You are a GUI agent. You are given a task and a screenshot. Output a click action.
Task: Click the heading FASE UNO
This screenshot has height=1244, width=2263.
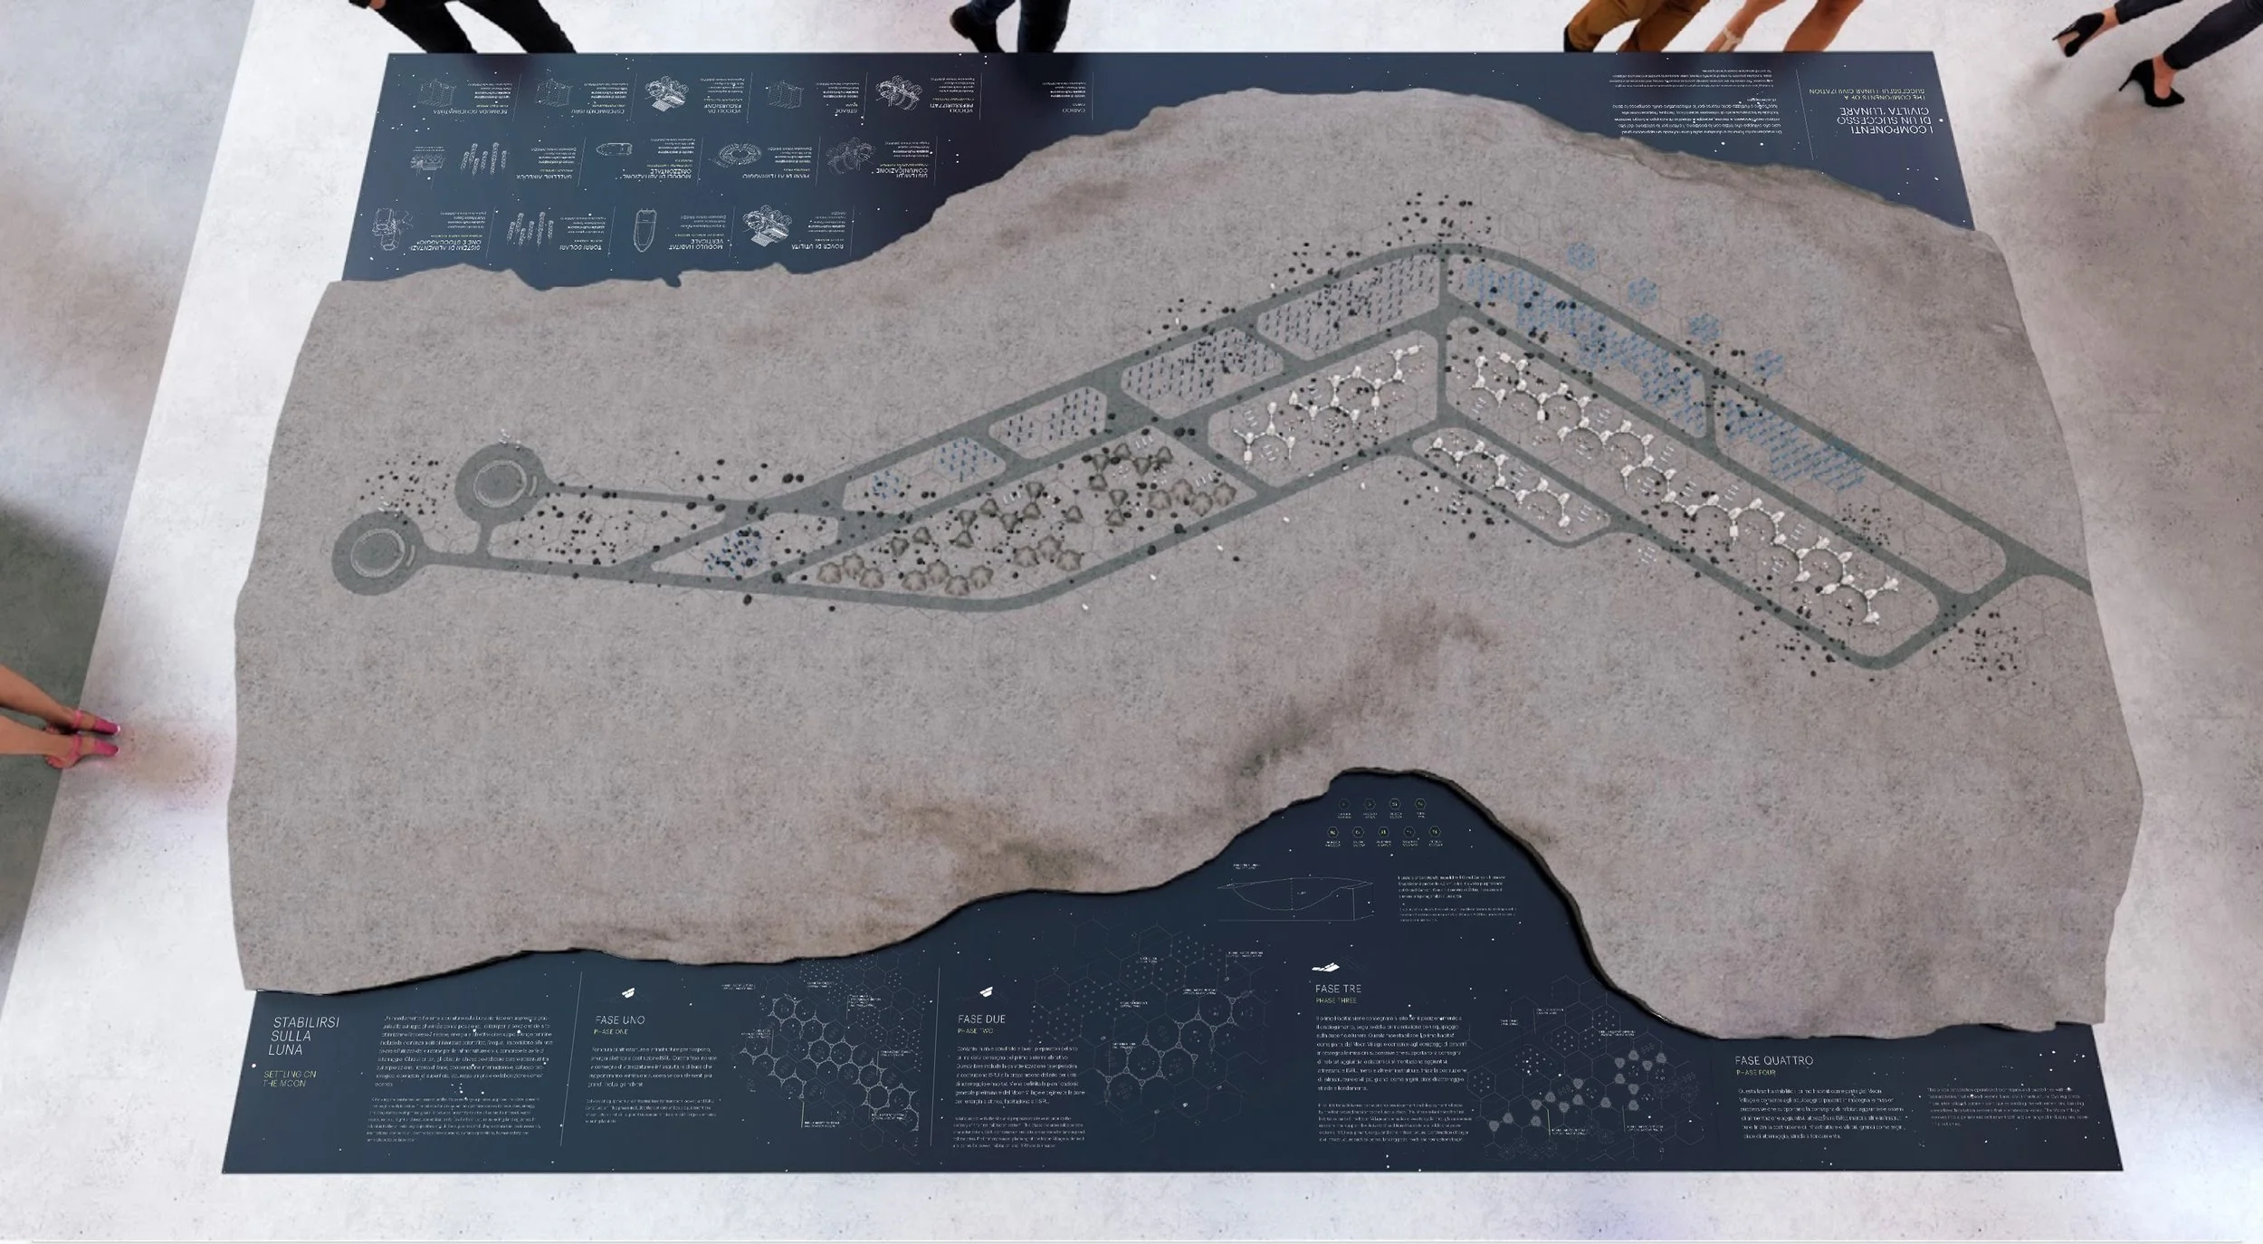click(620, 1019)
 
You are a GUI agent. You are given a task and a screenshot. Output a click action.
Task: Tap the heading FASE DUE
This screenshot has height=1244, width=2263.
click(981, 1019)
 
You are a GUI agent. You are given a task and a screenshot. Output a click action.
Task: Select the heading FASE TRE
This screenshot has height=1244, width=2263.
click(1338, 989)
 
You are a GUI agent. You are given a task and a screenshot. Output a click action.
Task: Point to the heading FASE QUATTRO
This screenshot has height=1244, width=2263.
click(1773, 1060)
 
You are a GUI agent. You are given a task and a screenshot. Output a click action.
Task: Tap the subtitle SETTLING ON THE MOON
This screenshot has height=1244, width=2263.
click(290, 1078)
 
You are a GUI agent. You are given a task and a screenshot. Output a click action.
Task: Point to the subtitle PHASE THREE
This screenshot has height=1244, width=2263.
click(1336, 1000)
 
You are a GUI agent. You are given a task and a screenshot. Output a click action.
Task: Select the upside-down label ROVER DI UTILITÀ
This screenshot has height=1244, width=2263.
click(817, 245)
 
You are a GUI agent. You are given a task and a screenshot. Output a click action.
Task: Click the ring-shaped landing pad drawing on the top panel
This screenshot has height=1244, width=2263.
click(735, 157)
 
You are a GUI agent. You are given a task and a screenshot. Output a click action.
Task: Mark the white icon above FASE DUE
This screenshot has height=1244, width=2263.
click(987, 990)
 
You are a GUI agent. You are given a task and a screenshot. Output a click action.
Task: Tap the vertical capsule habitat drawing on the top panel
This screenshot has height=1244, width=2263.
click(645, 230)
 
